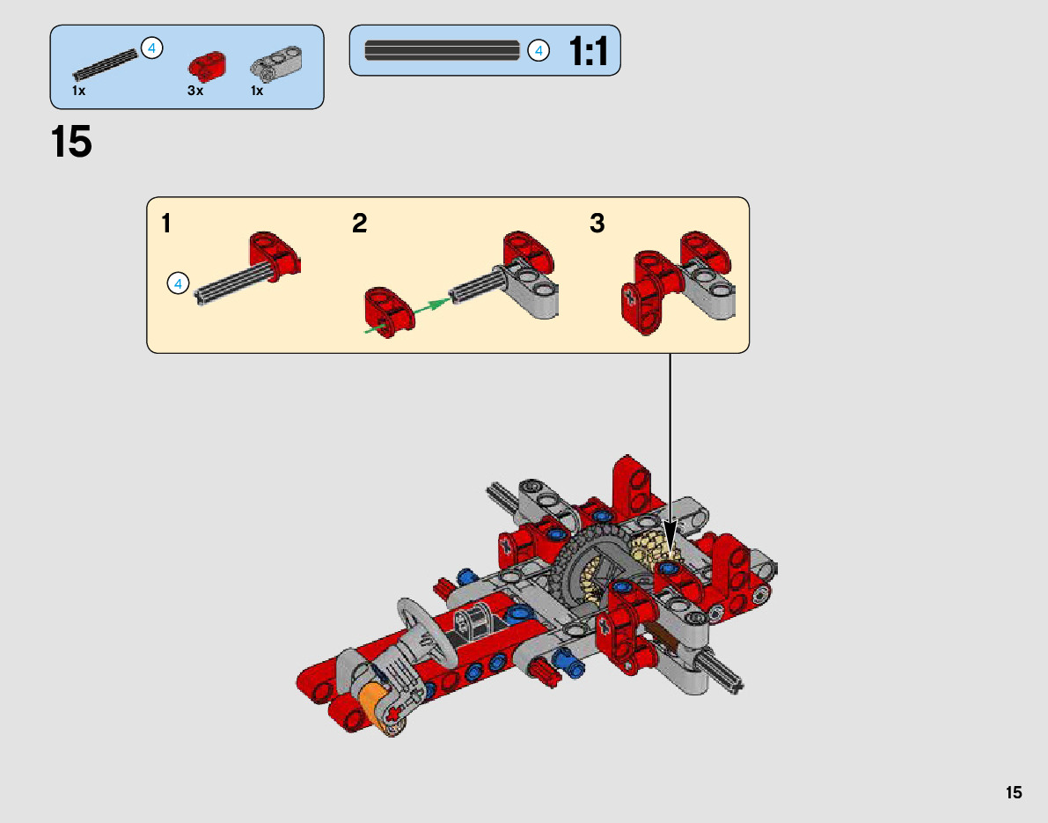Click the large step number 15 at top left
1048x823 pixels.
coord(71,143)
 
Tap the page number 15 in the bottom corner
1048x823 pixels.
coord(1014,793)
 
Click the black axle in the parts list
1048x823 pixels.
coord(105,66)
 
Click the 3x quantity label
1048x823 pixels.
coord(194,91)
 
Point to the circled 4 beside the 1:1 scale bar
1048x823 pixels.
coord(539,51)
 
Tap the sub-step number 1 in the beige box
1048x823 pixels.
coord(166,224)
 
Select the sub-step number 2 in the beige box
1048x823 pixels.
coord(359,224)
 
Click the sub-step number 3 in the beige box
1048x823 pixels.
coord(597,224)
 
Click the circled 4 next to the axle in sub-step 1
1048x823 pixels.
coord(178,283)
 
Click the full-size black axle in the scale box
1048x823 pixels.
coord(442,51)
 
